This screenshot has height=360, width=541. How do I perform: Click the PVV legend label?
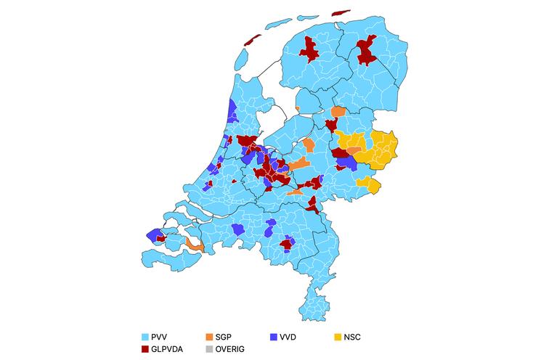point(161,337)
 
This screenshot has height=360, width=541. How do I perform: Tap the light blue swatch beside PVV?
point(145,337)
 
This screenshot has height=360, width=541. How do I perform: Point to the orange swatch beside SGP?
point(210,337)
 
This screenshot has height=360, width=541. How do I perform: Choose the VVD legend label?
point(288,337)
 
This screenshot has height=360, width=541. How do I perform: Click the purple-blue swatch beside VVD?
point(273,337)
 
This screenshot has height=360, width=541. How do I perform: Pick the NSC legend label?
point(353,337)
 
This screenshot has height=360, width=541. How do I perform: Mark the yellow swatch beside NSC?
point(337,337)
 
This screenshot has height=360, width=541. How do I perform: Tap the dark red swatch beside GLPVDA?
point(145,350)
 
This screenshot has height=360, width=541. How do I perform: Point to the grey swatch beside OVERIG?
point(210,350)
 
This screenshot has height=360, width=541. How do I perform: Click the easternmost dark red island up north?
point(340,13)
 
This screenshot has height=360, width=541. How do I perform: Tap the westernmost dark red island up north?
point(253,41)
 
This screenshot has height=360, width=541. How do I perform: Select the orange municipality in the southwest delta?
point(193,245)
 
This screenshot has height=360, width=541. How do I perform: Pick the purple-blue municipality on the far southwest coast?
point(153,234)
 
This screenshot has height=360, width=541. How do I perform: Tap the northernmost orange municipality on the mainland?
point(338,112)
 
